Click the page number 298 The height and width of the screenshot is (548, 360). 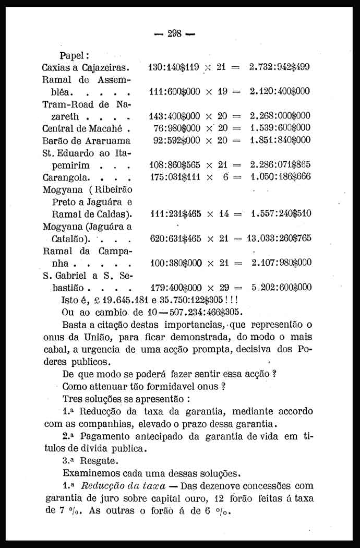pos(174,34)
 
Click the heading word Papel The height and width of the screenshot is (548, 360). pos(75,55)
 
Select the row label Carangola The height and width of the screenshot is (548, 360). pos(65,177)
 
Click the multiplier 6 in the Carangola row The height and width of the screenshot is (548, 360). pos(225,177)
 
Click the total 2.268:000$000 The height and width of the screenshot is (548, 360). pos(280,116)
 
